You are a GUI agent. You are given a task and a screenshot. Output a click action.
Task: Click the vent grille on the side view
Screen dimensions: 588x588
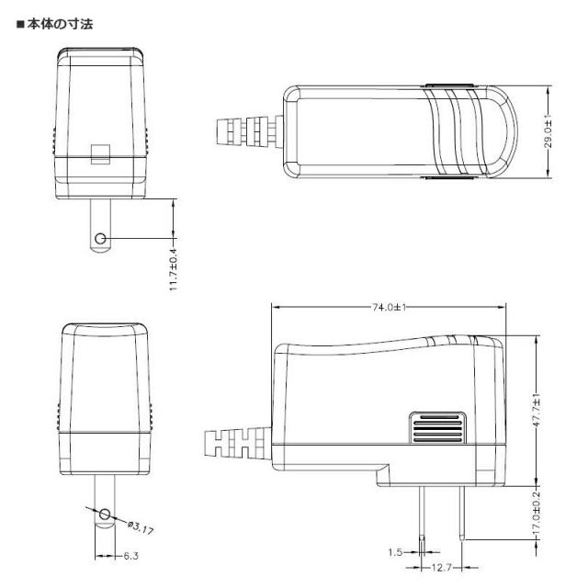[x=436, y=428]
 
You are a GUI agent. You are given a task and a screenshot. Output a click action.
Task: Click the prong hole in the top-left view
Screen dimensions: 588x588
[x=100, y=240]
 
